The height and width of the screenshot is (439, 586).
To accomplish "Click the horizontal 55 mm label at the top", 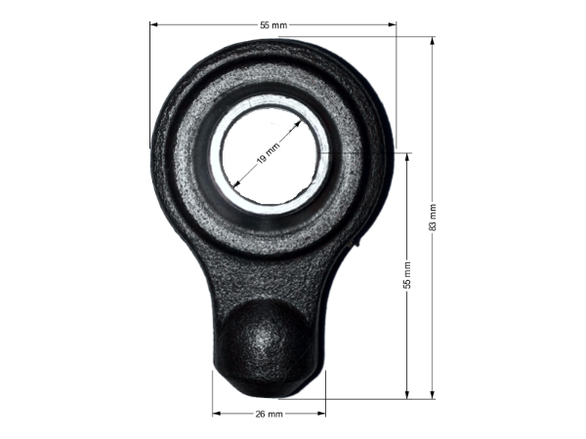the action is click(x=273, y=25).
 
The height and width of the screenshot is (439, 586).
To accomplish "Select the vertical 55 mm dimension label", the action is click(x=407, y=275).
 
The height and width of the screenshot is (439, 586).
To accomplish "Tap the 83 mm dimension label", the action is click(x=433, y=218).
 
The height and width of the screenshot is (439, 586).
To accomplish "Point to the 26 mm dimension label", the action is click(x=270, y=414).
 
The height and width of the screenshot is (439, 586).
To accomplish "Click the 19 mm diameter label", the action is click(x=268, y=153).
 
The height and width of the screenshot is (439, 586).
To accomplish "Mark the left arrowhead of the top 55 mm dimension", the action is click(x=154, y=24).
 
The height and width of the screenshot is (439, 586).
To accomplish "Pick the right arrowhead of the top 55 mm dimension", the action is click(x=392, y=24).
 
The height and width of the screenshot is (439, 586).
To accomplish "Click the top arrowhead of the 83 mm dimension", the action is click(x=433, y=41).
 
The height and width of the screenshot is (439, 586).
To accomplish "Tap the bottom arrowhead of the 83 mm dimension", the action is click(x=433, y=394).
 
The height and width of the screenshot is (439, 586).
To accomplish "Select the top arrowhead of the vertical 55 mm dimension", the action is click(x=407, y=157).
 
